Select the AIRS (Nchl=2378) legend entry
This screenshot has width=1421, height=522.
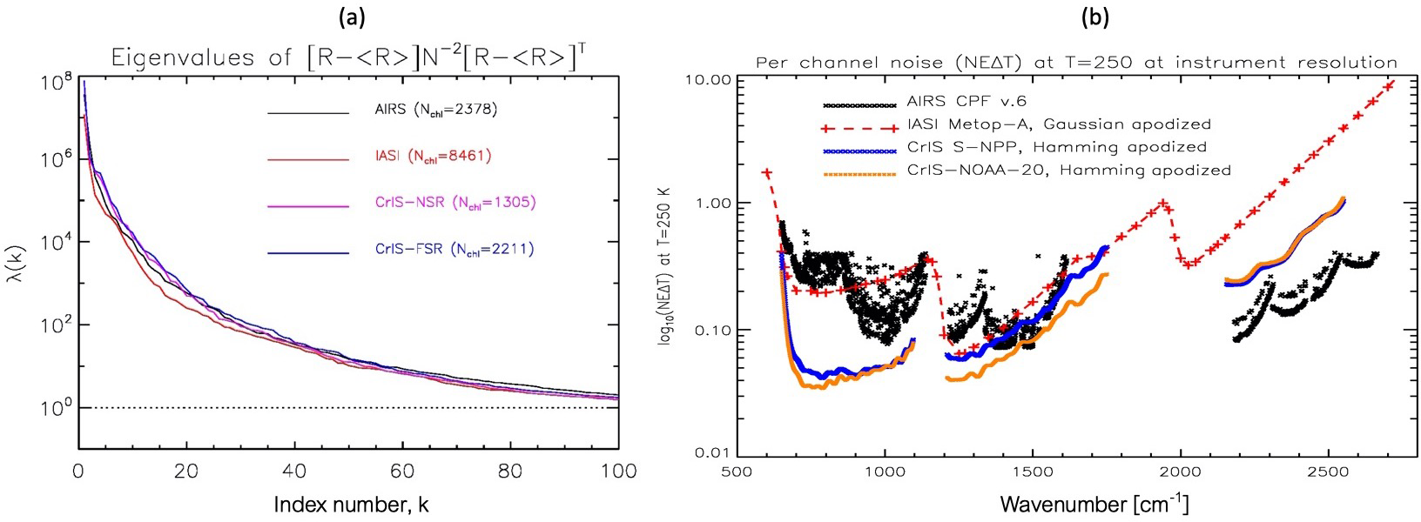(x=430, y=111)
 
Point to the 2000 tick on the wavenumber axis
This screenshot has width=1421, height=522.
(x=1181, y=478)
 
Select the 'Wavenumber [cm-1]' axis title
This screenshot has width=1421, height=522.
(x=1094, y=505)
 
